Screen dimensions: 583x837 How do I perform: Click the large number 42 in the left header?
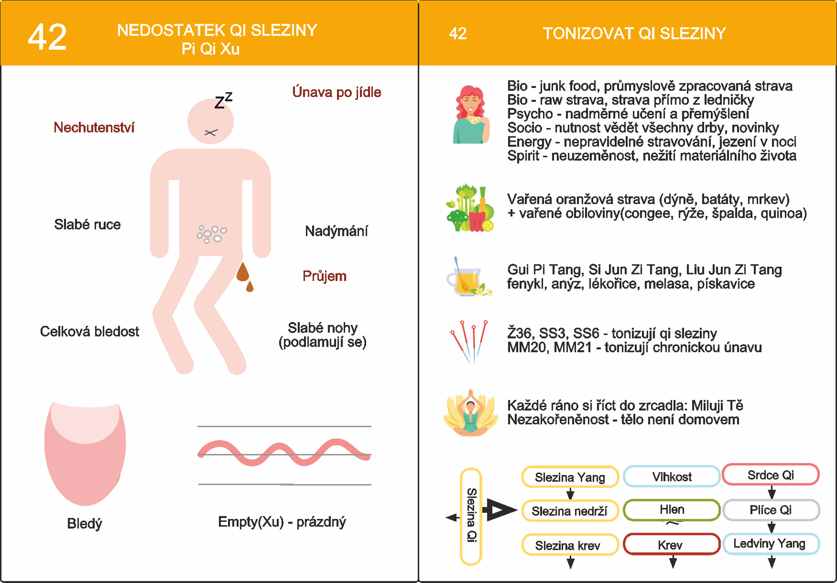(x=47, y=38)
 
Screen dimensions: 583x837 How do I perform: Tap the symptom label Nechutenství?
(x=94, y=128)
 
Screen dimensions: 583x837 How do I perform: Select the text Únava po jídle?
(x=337, y=92)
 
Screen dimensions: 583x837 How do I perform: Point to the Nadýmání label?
(x=336, y=231)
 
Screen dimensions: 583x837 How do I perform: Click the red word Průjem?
(x=324, y=276)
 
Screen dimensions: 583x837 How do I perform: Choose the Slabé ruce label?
(x=87, y=224)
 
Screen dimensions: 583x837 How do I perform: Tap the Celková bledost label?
(x=89, y=332)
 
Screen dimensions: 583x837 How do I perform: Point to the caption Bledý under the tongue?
(x=85, y=523)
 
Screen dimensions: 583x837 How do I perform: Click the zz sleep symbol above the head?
(x=223, y=101)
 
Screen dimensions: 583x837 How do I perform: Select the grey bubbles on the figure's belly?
(x=211, y=233)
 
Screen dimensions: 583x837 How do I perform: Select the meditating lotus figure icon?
(x=470, y=413)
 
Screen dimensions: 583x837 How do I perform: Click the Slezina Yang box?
(x=570, y=477)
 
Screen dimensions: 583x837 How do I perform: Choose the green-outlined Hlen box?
(x=671, y=510)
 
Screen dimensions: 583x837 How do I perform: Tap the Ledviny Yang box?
(x=771, y=544)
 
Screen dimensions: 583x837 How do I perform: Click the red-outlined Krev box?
(x=671, y=545)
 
